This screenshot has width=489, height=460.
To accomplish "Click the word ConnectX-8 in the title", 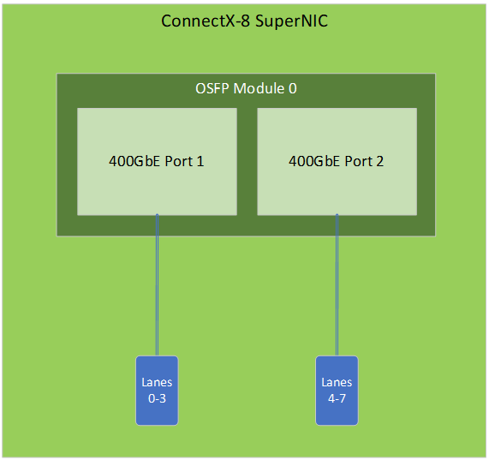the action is (x=206, y=21).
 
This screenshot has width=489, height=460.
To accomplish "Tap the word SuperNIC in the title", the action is (x=291, y=21).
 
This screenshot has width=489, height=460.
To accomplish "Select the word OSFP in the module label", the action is (x=212, y=88).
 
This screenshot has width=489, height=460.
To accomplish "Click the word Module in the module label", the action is (x=259, y=88).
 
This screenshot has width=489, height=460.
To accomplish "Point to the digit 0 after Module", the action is (x=293, y=88).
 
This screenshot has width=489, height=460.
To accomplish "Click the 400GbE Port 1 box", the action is (x=157, y=162).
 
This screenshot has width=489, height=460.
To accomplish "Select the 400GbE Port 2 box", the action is (x=337, y=162).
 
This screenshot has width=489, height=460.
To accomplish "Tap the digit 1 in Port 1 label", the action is (x=200, y=162).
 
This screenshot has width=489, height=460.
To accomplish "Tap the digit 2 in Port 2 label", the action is (x=380, y=162).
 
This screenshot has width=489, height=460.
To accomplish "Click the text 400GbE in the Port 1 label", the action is (x=134, y=162).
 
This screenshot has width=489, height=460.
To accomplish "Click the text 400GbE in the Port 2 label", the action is (x=314, y=162).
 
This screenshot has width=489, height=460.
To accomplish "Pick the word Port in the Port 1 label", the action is (x=179, y=162).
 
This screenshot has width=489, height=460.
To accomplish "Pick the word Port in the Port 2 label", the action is (x=359, y=162).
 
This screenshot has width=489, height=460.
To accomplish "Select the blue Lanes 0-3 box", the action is (x=157, y=391).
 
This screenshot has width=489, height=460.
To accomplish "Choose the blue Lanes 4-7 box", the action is (x=337, y=391).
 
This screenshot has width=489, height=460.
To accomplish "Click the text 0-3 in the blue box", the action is (x=157, y=398).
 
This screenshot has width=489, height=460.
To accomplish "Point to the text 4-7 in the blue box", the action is (x=337, y=398).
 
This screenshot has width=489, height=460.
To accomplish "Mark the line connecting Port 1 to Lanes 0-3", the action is (x=158, y=285).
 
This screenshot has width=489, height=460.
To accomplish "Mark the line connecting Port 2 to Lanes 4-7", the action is (x=337, y=285).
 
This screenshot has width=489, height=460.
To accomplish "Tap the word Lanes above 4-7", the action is (x=337, y=382).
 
